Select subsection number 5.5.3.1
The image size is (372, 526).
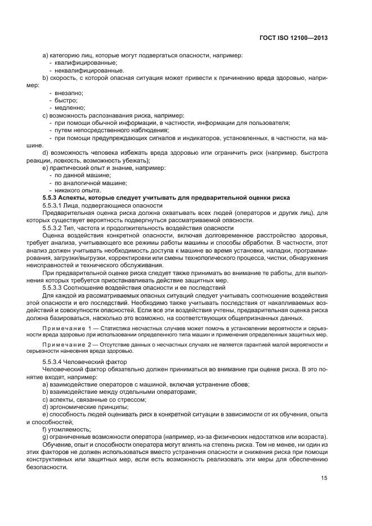coord(55,205)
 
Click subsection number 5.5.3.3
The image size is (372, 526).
coord(55,287)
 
